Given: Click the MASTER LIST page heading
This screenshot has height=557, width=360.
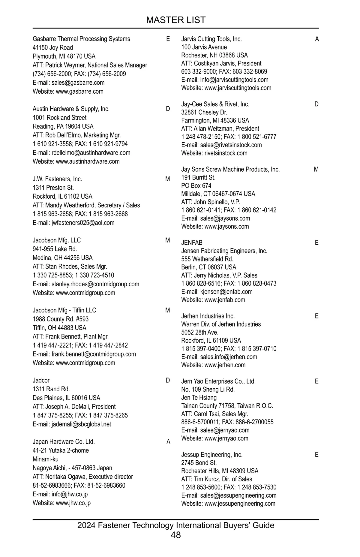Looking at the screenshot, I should pyautogui.click(x=176, y=20).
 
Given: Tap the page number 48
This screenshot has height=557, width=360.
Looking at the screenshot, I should pyautogui.click(x=176, y=535).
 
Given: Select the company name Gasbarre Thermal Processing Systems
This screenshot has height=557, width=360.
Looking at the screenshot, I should pyautogui.click(x=81, y=39).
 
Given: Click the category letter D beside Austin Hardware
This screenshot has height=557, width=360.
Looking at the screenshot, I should pyautogui.click(x=168, y=109).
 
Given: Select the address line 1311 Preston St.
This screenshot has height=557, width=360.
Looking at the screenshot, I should pyautogui.click(x=53, y=188).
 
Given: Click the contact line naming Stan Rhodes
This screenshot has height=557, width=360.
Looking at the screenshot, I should pyautogui.click(x=70, y=266).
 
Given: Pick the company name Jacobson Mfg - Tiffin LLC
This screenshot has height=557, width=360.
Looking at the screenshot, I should pyautogui.click(x=64, y=310).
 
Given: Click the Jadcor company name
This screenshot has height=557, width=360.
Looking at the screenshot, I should pyautogui.click(x=41, y=381).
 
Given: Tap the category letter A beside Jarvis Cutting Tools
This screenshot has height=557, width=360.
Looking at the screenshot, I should pyautogui.click(x=317, y=39).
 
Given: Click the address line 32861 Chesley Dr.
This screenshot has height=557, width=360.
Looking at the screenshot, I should pyautogui.click(x=204, y=113).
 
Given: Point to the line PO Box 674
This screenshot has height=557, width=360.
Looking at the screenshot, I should pyautogui.click(x=196, y=186).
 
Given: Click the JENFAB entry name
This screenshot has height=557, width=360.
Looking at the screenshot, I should pyautogui.click(x=192, y=243).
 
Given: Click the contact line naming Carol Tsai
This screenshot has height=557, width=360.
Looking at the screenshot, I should pyautogui.click(x=214, y=414).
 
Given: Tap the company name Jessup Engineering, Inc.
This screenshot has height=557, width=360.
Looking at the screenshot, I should pyautogui.click(x=212, y=455).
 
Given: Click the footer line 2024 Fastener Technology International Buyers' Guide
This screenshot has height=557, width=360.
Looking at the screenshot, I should pyautogui.click(x=176, y=525).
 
